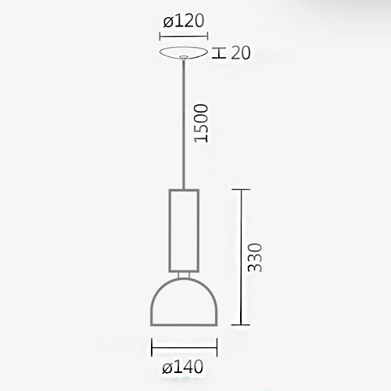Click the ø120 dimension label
tap(184, 21)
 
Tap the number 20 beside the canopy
tap(241, 52)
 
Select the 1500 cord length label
tap(202, 124)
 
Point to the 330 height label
tap(254, 257)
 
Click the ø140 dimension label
tap(182, 367)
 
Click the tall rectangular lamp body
tap(184, 231)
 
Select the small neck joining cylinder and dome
tap(184, 275)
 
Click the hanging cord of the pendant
tap(184, 124)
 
